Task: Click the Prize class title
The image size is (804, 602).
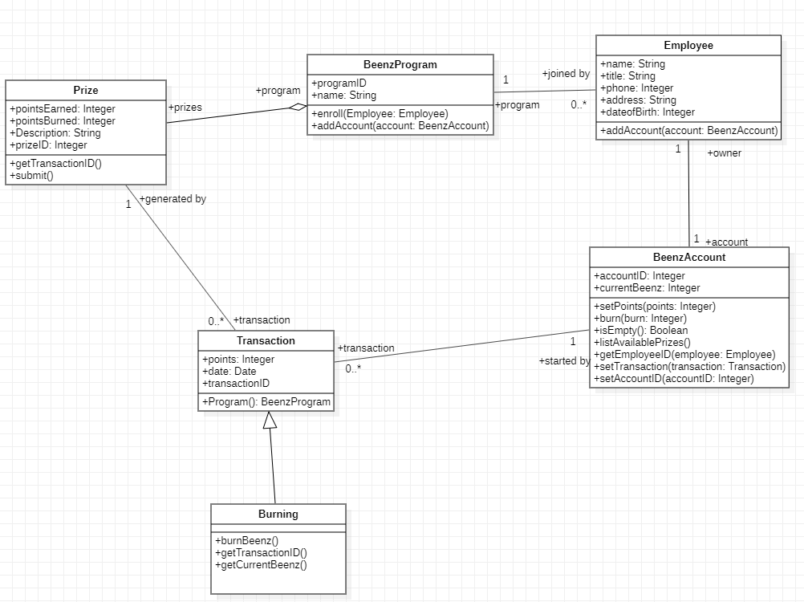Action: point(86,90)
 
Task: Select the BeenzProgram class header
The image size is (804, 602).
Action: point(400,65)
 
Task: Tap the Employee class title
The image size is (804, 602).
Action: point(688,46)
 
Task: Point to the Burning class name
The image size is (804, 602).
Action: point(278,514)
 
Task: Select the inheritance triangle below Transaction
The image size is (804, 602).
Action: point(270,419)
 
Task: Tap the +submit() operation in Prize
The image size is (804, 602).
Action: point(32,175)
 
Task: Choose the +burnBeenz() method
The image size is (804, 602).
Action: point(246,540)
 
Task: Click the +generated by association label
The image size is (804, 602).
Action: point(173,199)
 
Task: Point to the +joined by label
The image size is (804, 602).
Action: point(566,74)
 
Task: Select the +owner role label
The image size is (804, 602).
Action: point(724,153)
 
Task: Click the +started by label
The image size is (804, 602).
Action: point(564,361)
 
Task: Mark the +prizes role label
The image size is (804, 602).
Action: point(185,107)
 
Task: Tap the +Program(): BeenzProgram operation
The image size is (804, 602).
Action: point(266,401)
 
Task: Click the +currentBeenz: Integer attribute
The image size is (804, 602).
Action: point(647,287)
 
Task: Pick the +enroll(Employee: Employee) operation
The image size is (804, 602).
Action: point(380,113)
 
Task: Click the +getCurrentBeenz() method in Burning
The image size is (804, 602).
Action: point(261,564)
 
